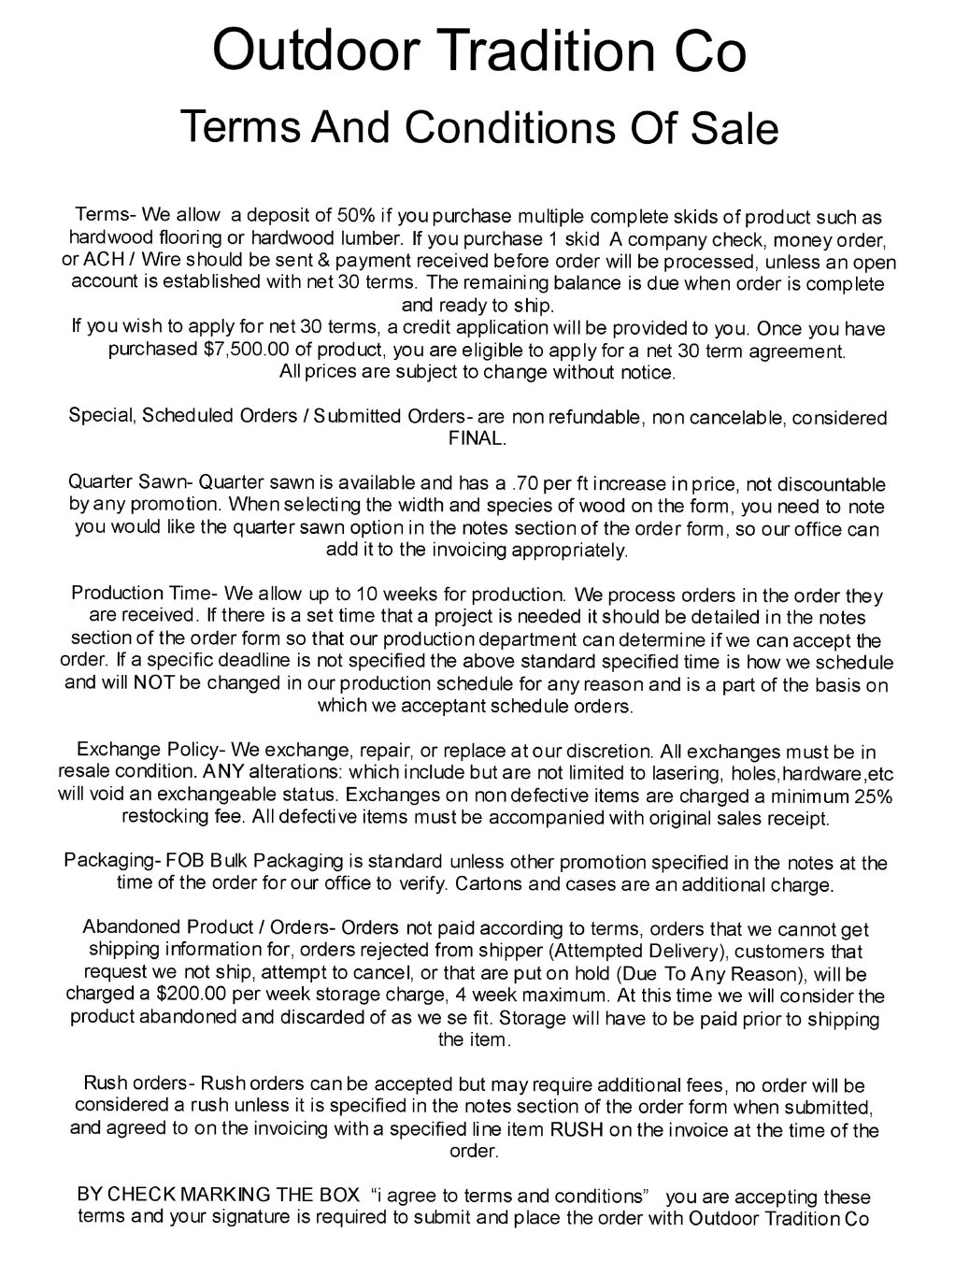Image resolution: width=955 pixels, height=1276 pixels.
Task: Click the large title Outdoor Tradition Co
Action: [478, 50]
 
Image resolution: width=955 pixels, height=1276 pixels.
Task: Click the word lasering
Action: [594, 774]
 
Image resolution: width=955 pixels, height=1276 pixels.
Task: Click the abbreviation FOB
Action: [176, 861]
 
